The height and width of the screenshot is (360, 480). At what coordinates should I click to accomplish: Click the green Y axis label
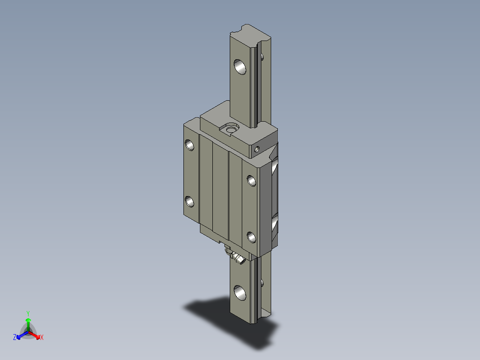coord(28,313)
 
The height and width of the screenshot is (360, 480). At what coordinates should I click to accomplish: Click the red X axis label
coord(42,338)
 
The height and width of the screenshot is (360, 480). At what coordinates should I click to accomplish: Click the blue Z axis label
coord(15,338)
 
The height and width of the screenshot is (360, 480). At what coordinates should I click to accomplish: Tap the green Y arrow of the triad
coord(28,323)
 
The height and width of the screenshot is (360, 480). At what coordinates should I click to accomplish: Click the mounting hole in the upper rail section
coord(240,67)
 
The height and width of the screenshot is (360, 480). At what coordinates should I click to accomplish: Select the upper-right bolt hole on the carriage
coord(252,180)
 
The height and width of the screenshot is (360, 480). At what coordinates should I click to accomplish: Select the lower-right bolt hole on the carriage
coord(252,237)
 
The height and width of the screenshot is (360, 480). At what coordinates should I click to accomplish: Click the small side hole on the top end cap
coord(256,150)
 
